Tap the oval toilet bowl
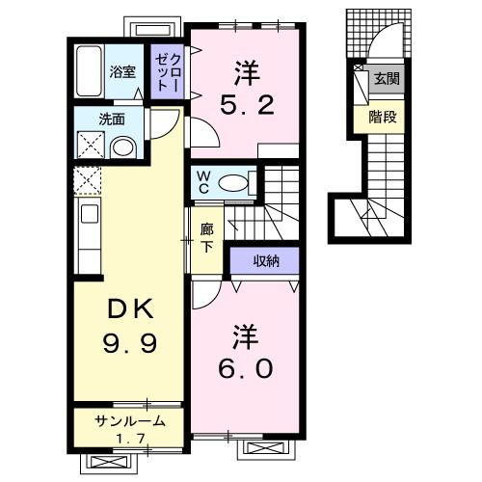[x=234, y=181]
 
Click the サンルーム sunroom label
[x=129, y=421]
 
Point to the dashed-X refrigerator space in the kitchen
[x=87, y=180]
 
